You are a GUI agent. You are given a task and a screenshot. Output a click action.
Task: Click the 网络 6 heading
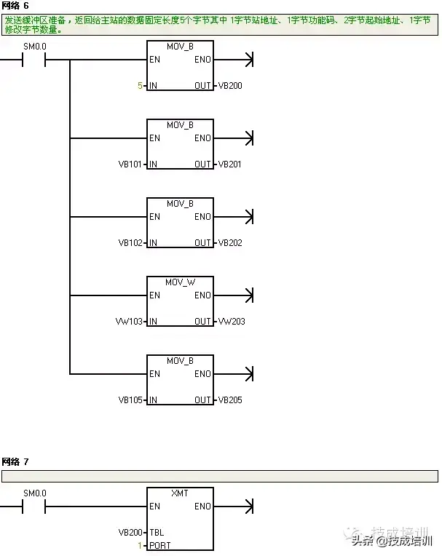pyautogui.click(x=15, y=5)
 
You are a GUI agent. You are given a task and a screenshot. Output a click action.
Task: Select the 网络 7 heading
pyautogui.click(x=15, y=462)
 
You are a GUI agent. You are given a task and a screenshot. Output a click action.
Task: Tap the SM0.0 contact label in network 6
pyautogui.click(x=34, y=47)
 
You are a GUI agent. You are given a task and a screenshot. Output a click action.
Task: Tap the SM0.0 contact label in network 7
pyautogui.click(x=34, y=493)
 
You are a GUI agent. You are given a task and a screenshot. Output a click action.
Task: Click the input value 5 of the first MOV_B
pyautogui.click(x=140, y=86)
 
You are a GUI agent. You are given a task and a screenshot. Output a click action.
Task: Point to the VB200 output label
pyautogui.click(x=230, y=86)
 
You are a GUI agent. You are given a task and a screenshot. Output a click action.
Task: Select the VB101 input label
pyautogui.click(x=131, y=164)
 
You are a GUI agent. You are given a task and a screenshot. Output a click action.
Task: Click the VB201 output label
pyautogui.click(x=230, y=164)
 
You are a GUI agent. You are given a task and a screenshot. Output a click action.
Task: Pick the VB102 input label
pyautogui.click(x=131, y=243)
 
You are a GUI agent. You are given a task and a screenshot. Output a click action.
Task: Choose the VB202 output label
pyautogui.click(x=230, y=243)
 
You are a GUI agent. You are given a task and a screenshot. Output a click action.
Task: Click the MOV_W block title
pyautogui.click(x=180, y=282)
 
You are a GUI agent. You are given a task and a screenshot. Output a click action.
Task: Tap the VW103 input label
pyautogui.click(x=131, y=322)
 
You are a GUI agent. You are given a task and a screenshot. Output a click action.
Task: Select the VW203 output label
pyautogui.click(x=231, y=322)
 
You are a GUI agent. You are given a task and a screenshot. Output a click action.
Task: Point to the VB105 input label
pyautogui.click(x=131, y=400)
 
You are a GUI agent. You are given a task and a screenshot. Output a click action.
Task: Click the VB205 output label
pyautogui.click(x=230, y=400)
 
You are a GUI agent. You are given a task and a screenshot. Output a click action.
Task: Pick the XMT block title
pyautogui.click(x=180, y=493)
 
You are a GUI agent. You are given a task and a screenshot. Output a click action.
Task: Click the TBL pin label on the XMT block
pyautogui.click(x=157, y=532)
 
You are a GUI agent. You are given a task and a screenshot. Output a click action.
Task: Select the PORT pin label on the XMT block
pyautogui.click(x=159, y=545)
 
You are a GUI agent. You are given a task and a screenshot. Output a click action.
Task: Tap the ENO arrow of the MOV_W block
pyautogui.click(x=248, y=295)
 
